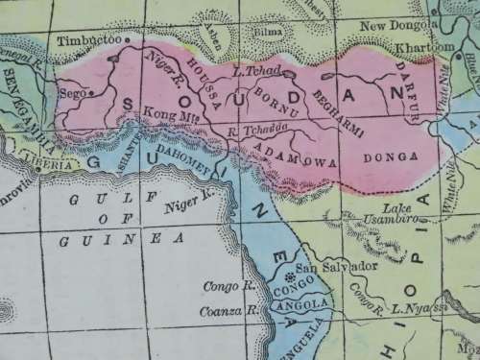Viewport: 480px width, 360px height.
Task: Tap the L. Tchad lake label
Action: point(254,72)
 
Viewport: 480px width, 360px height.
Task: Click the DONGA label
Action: point(394,156)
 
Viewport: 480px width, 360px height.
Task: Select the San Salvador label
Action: point(325,266)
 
